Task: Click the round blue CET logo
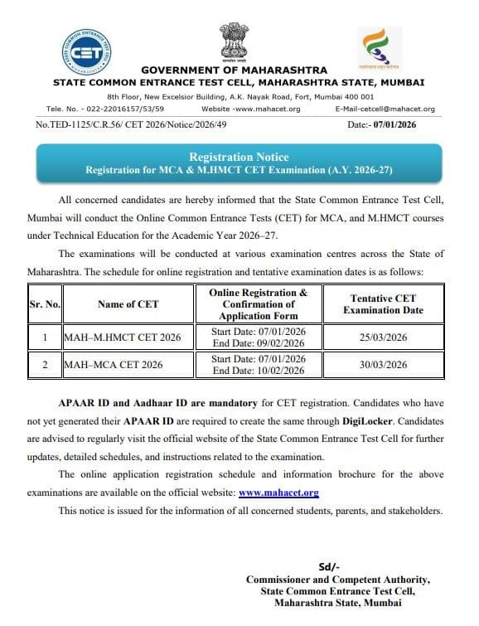click(86, 52)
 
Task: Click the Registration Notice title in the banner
click(239, 157)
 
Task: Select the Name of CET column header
click(128, 304)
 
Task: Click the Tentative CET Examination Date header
click(384, 304)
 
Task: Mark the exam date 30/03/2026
click(383, 364)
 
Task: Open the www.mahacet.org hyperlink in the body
click(278, 493)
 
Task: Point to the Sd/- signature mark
click(333, 565)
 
